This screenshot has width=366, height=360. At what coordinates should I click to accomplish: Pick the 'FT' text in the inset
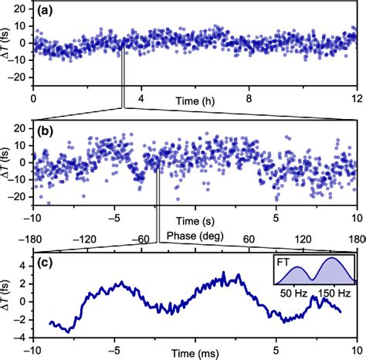pos(284,262)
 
